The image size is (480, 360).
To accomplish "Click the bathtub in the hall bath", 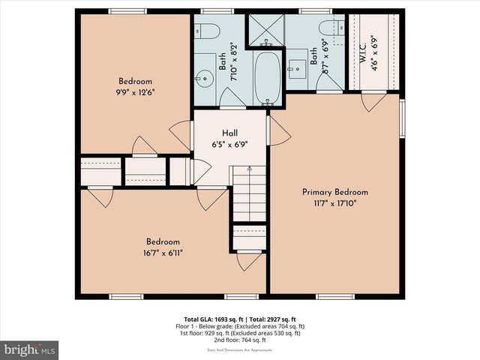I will point(267,78).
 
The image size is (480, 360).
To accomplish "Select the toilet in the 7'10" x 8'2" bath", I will point(207,31).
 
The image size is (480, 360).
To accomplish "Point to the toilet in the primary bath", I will point(331,28).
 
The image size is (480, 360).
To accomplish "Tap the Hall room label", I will point(230,133).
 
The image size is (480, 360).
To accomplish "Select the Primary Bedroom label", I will point(334,192).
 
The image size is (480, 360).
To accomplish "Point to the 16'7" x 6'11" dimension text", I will point(163,253).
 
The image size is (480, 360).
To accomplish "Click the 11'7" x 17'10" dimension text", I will point(334,203).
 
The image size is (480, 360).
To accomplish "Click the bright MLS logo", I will point(30,350).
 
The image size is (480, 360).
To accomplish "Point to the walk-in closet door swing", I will point(373,101).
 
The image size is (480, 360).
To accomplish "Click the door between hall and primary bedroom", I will point(277,133).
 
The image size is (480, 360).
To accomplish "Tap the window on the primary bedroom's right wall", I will point(402,117).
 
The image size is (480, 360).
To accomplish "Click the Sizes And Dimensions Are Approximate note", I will point(239,351).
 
